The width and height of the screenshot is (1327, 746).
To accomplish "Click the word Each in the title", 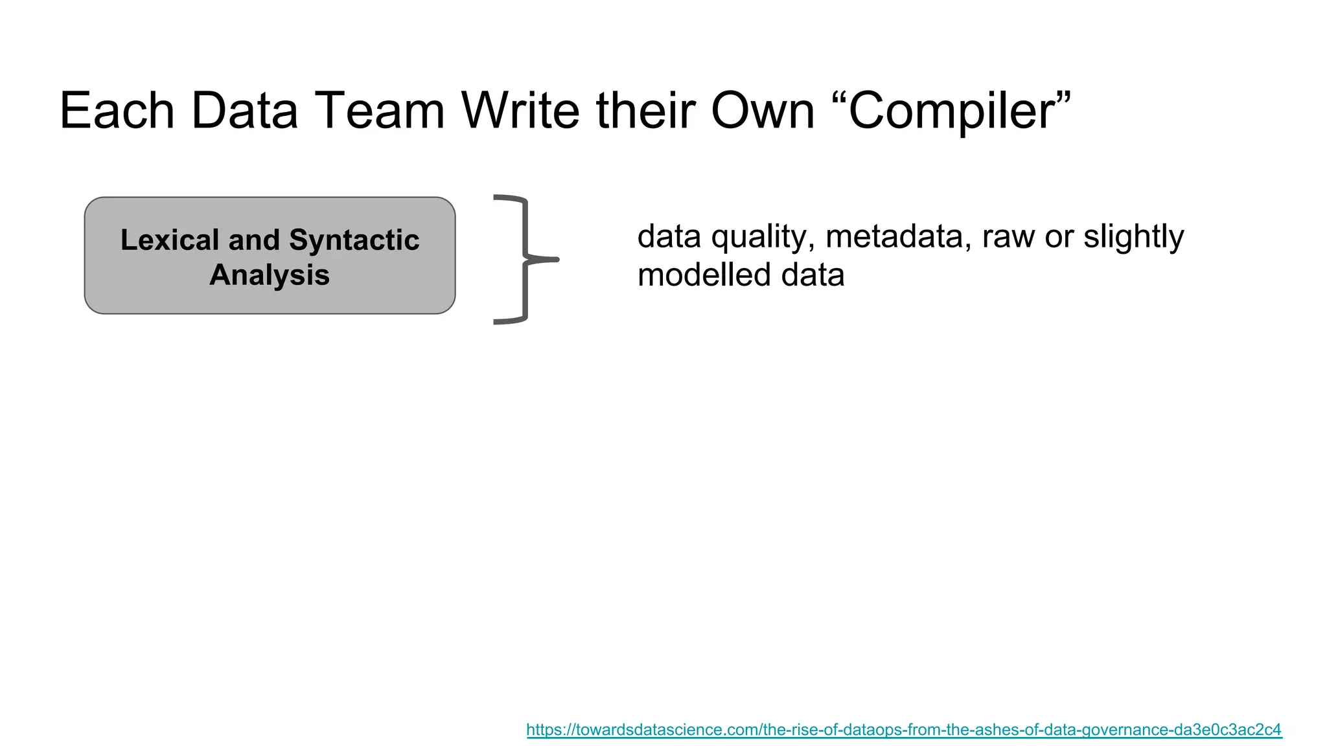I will click(x=117, y=111).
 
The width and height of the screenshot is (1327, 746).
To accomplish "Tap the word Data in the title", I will click(x=244, y=111).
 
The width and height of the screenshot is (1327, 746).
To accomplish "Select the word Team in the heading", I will click(x=379, y=111).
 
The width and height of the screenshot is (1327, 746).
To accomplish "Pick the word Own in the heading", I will click(x=763, y=111).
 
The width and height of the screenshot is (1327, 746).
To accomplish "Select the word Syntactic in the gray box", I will click(x=354, y=240).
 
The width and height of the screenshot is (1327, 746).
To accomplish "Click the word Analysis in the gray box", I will click(x=270, y=275).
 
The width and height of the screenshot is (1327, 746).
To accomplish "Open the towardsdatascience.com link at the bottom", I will click(x=904, y=730).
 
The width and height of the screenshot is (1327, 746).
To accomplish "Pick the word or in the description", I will click(x=1059, y=236).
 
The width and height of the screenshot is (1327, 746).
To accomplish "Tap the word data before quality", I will click(x=669, y=236).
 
